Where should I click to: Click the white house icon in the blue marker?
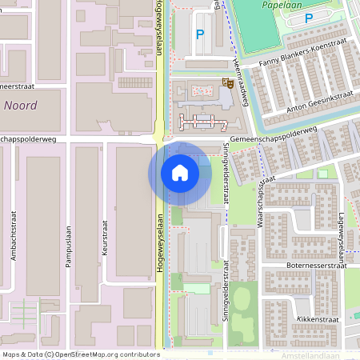tap(179, 172)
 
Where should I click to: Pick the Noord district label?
tap(21, 105)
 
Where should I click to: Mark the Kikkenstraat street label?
tap(317, 318)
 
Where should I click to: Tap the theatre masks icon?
tap(229, 82)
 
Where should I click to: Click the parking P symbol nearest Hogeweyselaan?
tap(200, 34)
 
